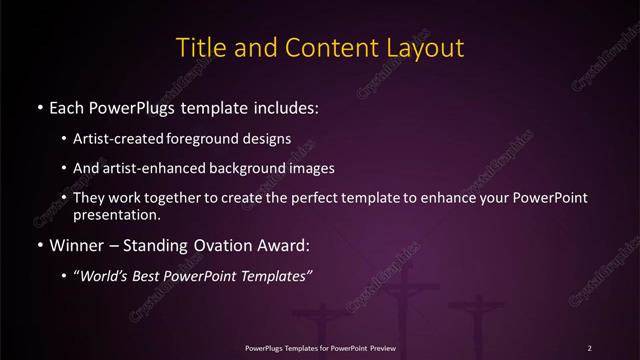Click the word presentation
tap(117, 214)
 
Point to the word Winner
tap(77, 245)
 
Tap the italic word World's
tap(111, 276)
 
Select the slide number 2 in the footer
tap(590, 347)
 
